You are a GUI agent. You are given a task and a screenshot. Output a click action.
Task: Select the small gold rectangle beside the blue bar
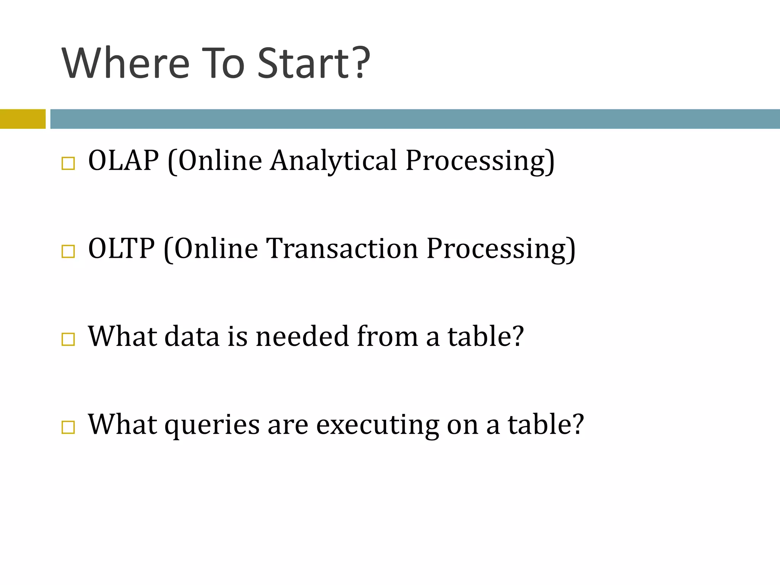point(22,119)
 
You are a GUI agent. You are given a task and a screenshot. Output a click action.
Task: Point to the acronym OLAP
point(123,160)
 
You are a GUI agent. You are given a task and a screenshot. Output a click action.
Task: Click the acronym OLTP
point(121,248)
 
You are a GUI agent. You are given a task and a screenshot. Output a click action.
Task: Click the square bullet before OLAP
point(68,164)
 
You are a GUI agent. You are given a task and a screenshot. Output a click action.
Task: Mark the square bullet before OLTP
point(68,252)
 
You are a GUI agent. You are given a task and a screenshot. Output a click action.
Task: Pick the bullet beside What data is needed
point(68,339)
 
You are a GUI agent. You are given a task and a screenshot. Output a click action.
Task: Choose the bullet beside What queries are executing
point(68,427)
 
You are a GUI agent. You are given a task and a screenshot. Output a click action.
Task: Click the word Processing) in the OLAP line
point(480,161)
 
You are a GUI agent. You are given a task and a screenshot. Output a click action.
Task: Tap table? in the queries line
point(545,424)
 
